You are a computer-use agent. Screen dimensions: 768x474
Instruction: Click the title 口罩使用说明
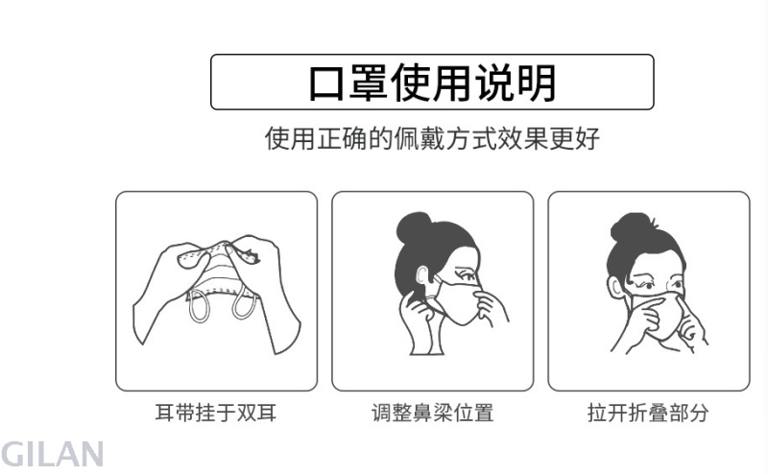coord(433,83)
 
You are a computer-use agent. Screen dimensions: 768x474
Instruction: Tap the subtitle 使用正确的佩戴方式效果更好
coord(433,138)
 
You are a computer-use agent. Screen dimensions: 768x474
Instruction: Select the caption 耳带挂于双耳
coord(216,413)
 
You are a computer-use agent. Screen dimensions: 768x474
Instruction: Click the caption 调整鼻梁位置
coord(433,413)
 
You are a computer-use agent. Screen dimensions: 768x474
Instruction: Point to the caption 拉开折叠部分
coord(648,413)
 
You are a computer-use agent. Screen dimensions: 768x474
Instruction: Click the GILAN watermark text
coord(52,454)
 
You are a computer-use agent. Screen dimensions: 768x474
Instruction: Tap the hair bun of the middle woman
coord(413,227)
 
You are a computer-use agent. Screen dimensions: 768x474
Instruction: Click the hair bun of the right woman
coord(630,227)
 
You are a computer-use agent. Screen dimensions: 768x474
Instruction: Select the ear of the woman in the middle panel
coord(422,276)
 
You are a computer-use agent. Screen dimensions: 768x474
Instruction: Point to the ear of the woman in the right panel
coord(614,288)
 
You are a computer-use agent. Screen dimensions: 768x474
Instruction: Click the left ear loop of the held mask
coord(199,305)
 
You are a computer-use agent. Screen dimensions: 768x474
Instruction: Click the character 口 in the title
coord(327,83)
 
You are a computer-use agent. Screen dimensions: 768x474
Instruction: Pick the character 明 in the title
coord(537,83)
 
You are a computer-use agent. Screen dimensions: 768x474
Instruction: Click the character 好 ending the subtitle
coord(588,138)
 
